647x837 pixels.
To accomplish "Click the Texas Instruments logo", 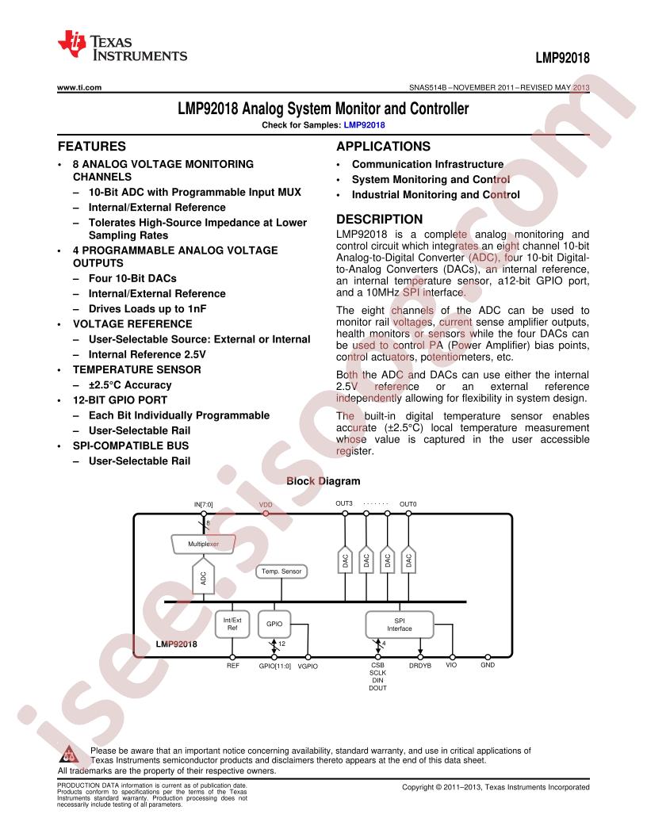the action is tap(122, 46).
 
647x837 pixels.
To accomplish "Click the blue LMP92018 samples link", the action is tap(364, 125).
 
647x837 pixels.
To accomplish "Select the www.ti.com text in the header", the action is tap(79, 87).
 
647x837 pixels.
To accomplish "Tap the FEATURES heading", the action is tap(92, 147).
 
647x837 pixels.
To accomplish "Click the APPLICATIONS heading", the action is tap(383, 147).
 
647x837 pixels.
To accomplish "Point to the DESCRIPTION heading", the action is tap(379, 219).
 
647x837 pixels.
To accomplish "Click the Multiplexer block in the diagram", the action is tap(204, 544).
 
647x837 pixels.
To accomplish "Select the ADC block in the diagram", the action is tap(204, 576).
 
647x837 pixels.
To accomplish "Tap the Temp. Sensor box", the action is tap(281, 571).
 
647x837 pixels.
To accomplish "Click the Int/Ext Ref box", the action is tap(232, 624).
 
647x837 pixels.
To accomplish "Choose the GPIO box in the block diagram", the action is tap(274, 624).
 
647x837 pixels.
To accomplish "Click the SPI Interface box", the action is tap(400, 625).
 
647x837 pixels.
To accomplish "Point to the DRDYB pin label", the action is tap(420, 666).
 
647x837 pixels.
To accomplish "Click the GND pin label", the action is tap(488, 665).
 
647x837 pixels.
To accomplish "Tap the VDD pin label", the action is tap(266, 504).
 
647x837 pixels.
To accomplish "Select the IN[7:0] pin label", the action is tap(204, 504).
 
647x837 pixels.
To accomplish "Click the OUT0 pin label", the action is tap(408, 504).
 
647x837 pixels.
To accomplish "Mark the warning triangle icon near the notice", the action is tap(69, 754).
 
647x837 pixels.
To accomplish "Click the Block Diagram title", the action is tap(323, 481).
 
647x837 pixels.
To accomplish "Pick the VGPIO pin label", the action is tap(308, 666).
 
